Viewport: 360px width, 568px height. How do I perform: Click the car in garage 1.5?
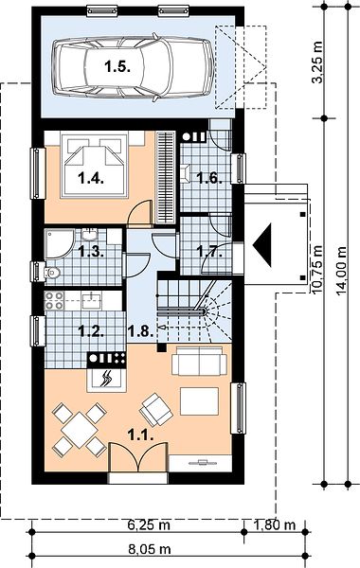coord(133,67)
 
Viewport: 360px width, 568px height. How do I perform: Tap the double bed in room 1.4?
coord(94,166)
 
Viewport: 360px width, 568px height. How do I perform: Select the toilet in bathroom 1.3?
coord(51,273)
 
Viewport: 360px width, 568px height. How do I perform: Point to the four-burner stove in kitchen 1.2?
coord(54,301)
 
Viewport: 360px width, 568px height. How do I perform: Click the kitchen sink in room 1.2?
coord(91,301)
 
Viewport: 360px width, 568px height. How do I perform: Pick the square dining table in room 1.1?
coord(80,430)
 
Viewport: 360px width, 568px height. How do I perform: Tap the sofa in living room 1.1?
coord(199,361)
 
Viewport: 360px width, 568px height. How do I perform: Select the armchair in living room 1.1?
coord(156,409)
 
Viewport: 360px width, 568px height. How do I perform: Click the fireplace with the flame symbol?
coord(107,380)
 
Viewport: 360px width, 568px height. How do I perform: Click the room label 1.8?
coord(140,330)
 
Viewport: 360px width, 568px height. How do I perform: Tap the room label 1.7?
coord(209,251)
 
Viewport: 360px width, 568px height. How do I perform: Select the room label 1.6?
coord(208,178)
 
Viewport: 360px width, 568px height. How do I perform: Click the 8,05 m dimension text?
coord(150,549)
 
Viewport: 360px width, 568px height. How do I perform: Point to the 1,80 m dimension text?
coord(275,524)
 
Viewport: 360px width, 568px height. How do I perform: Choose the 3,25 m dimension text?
coord(318,62)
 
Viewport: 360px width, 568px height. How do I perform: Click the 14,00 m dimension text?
coord(341,271)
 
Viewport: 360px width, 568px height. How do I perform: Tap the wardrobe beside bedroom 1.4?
coord(165,178)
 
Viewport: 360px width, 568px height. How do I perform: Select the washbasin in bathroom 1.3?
coord(89,235)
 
